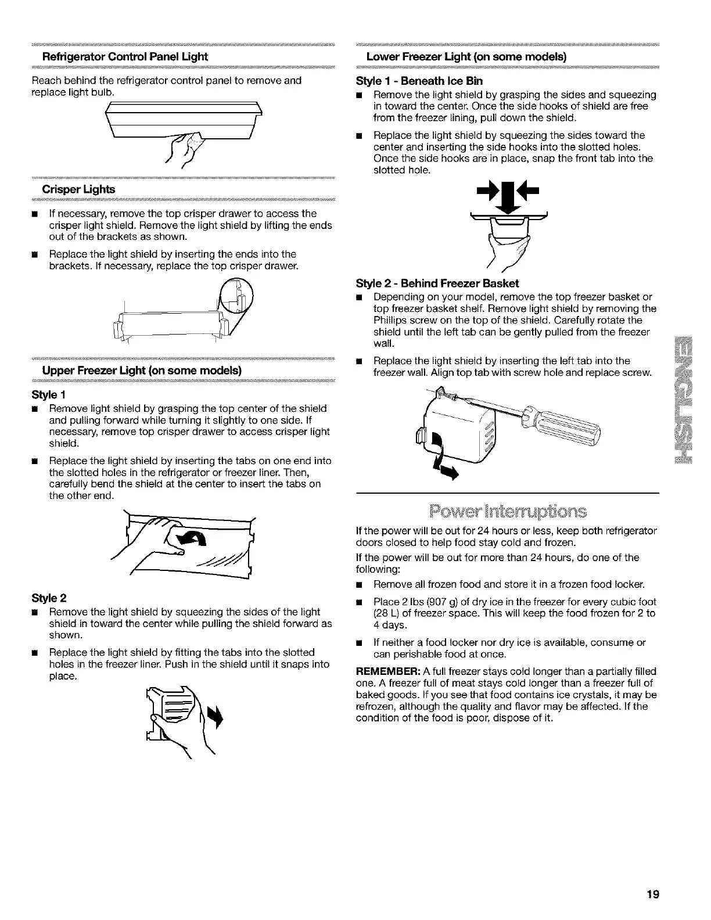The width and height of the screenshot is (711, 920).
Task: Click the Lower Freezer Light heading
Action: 466,57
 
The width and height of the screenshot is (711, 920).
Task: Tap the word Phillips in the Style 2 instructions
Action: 390,320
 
